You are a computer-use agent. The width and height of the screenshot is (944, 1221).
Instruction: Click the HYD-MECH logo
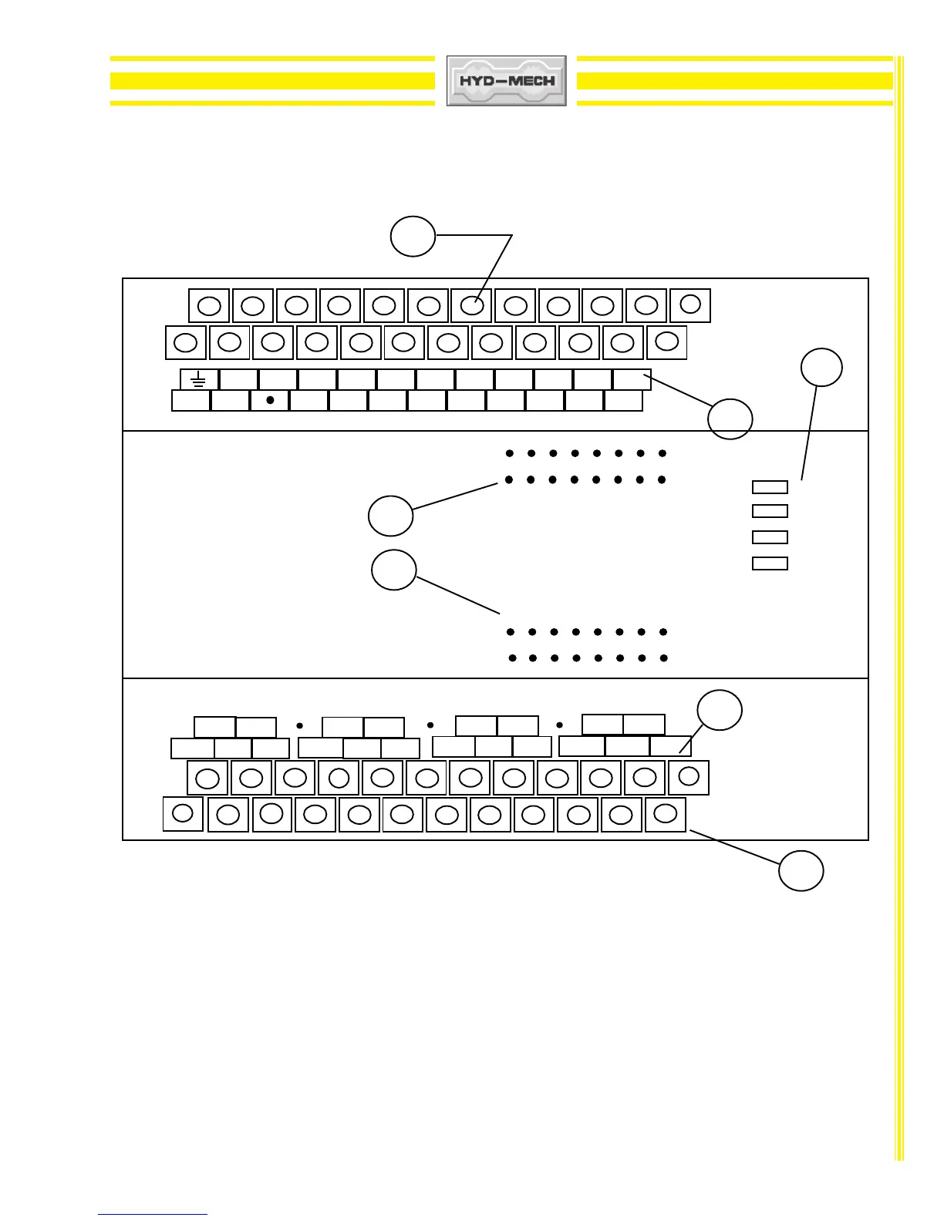tap(507, 80)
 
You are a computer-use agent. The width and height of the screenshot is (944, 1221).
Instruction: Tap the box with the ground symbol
tap(199, 379)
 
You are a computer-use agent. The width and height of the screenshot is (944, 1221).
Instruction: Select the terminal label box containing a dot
tap(270, 401)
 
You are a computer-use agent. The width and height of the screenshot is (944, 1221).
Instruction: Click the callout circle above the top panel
tap(413, 236)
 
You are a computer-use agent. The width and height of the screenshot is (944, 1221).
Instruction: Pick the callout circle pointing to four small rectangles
tap(821, 368)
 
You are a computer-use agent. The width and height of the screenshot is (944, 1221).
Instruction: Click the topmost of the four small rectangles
tap(770, 487)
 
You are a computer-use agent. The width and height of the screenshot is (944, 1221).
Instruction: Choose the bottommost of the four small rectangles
tap(770, 563)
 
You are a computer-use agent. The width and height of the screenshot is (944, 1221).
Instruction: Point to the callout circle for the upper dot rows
tap(390, 516)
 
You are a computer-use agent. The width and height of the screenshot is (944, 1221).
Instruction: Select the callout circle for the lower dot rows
tap(394, 570)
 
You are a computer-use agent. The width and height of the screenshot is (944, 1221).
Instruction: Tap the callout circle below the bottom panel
tap(801, 871)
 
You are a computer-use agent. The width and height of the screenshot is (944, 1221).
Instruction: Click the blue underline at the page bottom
tap(153, 1214)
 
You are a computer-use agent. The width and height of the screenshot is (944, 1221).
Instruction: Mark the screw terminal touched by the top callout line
tap(472, 305)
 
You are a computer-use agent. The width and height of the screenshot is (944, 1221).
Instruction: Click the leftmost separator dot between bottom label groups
tap(299, 725)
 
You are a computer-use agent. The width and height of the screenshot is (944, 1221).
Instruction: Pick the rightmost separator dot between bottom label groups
tap(560, 725)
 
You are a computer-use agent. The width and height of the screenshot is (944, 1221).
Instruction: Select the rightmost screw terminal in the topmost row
tap(690, 304)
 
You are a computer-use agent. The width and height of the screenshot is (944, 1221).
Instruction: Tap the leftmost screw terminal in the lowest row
tap(183, 813)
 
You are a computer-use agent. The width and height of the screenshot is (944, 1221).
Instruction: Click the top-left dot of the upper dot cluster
tap(510, 453)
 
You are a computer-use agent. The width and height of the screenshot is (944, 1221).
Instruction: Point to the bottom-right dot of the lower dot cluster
tap(663, 658)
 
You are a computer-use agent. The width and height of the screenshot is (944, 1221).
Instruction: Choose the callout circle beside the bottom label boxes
tap(720, 711)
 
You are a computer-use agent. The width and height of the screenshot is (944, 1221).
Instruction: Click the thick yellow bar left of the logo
tap(272, 81)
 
